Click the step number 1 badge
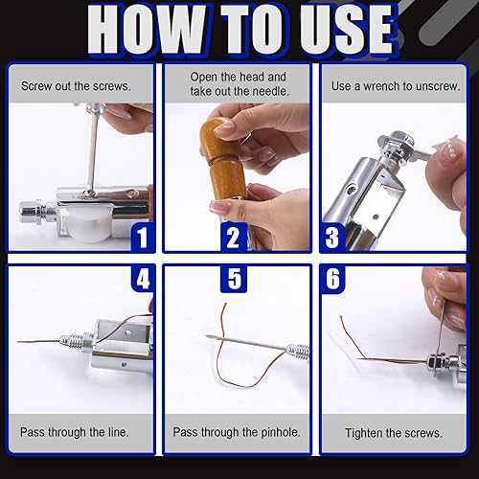click(x=143, y=238)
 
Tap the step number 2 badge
click(x=234, y=238)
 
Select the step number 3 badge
click(x=332, y=238)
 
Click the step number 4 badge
click(x=143, y=279)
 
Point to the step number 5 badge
click(x=234, y=279)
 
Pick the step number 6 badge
click(x=332, y=279)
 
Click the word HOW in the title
click(x=146, y=30)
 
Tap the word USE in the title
click(x=347, y=30)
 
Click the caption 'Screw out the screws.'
click(x=76, y=86)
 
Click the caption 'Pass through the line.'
click(x=75, y=432)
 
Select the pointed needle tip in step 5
click(x=208, y=337)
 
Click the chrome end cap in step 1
click(x=31, y=212)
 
